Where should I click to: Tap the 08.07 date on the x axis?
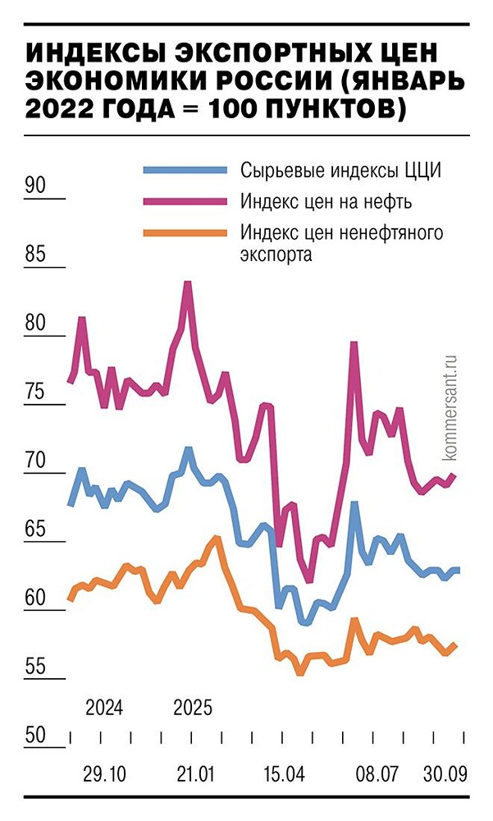tap(376, 774)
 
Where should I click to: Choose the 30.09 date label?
tap(445, 774)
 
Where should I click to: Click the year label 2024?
tap(104, 707)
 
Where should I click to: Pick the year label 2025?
tap(194, 707)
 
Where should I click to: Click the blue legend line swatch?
tap(185, 170)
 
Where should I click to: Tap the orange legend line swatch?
tap(185, 233)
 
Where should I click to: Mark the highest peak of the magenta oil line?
tap(188, 283)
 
